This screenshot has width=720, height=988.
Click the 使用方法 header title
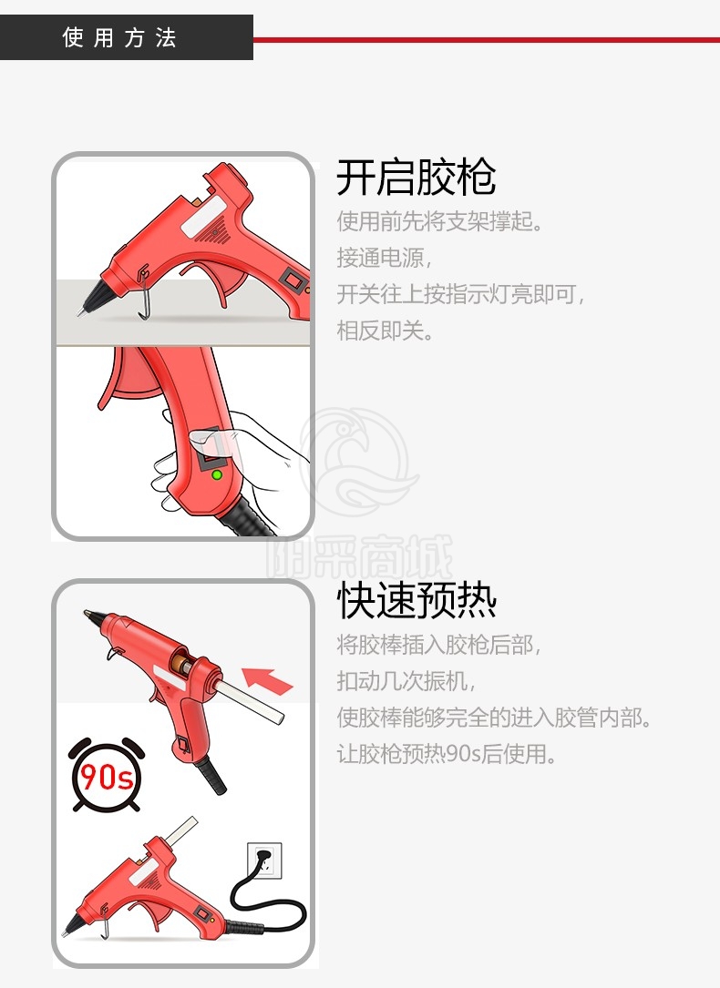[x=119, y=38]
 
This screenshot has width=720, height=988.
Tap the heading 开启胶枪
[x=417, y=177]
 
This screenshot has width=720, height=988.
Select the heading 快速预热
[x=417, y=600]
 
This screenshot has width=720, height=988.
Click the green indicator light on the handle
[x=216, y=474]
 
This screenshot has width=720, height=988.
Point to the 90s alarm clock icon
[x=106, y=775]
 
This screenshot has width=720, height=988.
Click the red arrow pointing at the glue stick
[x=267, y=680]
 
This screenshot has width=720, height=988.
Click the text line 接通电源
[x=384, y=257]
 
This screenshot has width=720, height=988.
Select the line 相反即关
[x=385, y=331]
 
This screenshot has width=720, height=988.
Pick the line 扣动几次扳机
[x=406, y=680]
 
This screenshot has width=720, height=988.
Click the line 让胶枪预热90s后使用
[x=447, y=754]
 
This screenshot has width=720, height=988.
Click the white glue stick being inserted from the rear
[x=249, y=698]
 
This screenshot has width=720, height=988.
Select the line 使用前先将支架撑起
[x=439, y=221]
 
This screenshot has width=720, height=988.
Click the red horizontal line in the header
[x=486, y=40]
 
